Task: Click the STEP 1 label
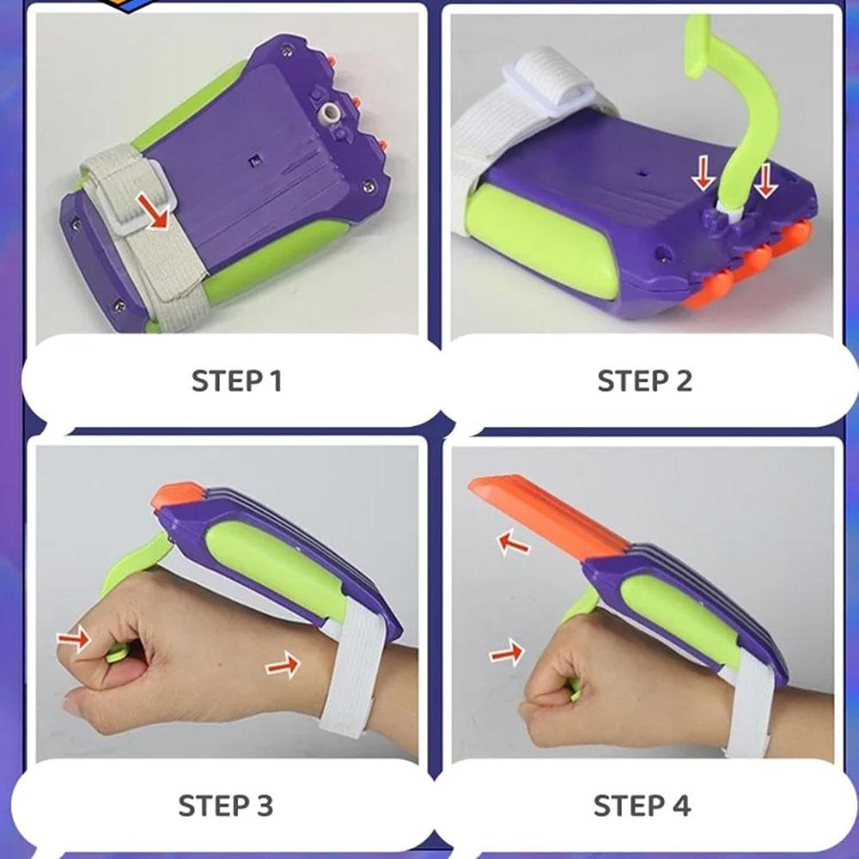tap(237, 381)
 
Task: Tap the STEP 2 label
tap(645, 381)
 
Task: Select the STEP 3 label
tap(225, 806)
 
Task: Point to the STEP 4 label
tap(642, 806)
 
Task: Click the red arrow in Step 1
tap(153, 211)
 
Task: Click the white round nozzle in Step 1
tap(332, 113)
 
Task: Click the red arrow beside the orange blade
tap(514, 542)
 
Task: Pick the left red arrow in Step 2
tap(703, 173)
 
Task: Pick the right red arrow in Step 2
tap(766, 180)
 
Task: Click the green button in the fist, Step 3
tap(117, 653)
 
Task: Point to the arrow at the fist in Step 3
tap(74, 638)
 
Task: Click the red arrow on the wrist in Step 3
tap(283, 666)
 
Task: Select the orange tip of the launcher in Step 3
tap(176, 495)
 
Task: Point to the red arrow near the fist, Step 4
tap(507, 652)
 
